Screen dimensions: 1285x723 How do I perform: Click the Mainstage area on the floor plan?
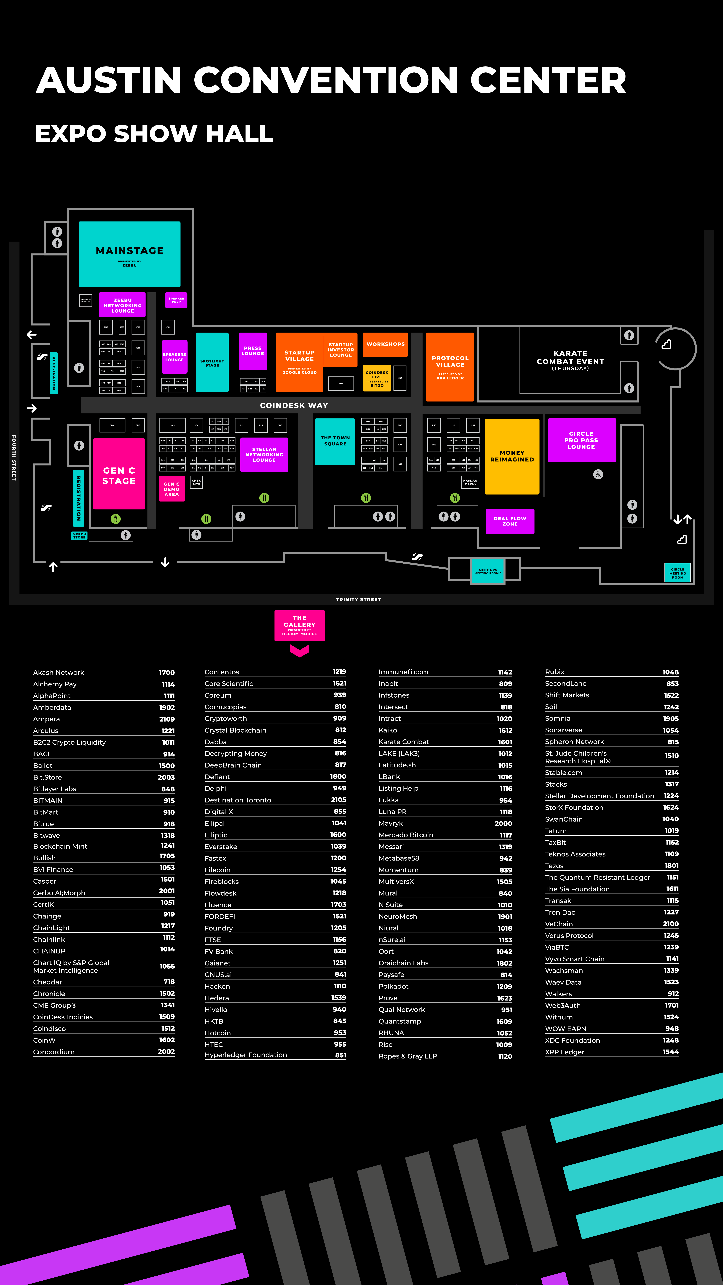129,254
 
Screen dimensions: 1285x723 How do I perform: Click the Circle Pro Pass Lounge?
581,440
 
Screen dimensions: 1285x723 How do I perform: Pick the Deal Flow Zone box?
509,521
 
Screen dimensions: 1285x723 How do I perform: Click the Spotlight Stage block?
212,363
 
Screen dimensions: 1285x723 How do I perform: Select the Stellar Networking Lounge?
264,454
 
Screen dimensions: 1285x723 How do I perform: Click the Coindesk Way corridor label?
294,405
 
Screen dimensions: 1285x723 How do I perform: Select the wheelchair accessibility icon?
598,474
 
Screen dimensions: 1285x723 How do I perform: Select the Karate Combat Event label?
570,358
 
